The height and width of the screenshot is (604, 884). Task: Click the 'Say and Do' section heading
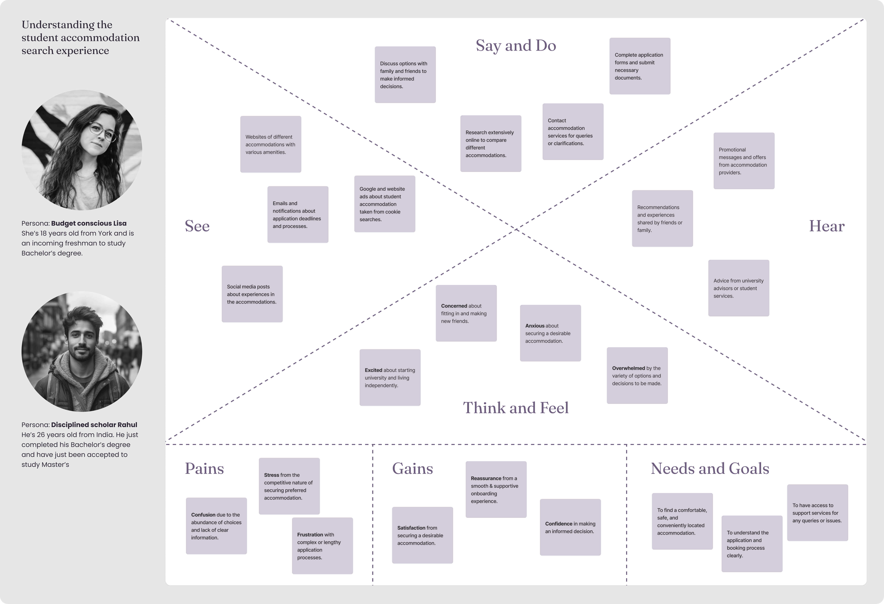(516, 46)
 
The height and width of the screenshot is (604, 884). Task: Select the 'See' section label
(197, 226)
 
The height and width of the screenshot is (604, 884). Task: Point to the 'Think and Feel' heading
(515, 408)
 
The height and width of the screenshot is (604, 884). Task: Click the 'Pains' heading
(204, 469)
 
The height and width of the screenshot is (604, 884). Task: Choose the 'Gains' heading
(412, 469)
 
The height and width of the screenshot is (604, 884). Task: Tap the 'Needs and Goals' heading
(710, 469)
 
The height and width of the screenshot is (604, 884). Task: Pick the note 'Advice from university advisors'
(738, 288)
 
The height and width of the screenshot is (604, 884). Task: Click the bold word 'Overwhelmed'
(628, 368)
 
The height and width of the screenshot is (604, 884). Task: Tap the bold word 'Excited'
(373, 370)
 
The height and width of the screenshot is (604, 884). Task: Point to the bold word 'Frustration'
(310, 535)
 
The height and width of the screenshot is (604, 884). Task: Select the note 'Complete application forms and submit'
(639, 66)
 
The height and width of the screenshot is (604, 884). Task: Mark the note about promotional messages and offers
(744, 161)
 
